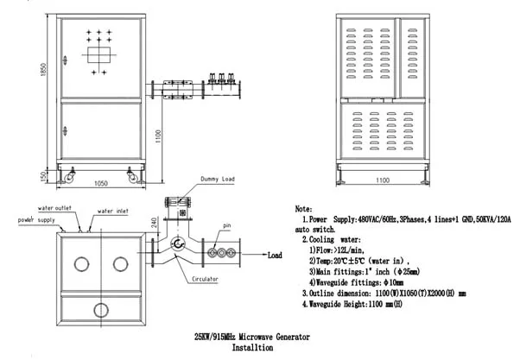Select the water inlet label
[113, 211]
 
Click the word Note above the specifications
[304, 210]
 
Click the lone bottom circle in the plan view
[100, 309]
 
